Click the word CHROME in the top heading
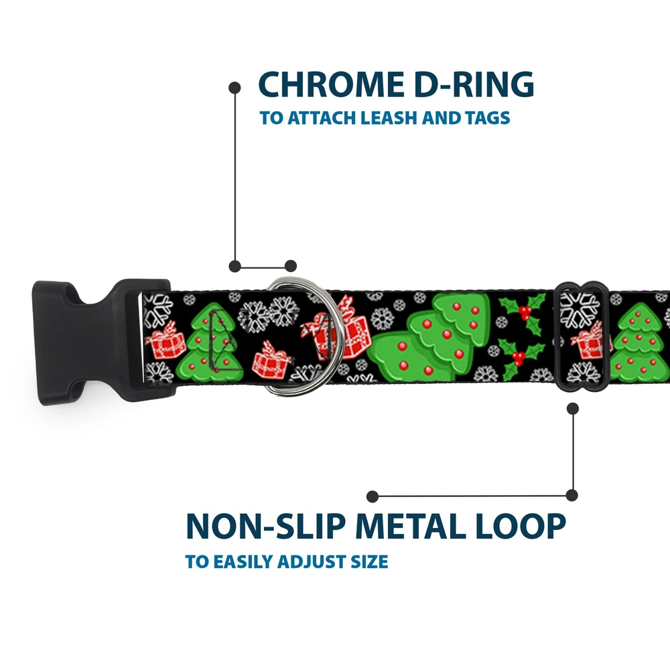click(x=324, y=85)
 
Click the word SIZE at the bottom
click(x=366, y=561)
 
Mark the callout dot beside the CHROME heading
click(x=234, y=87)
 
